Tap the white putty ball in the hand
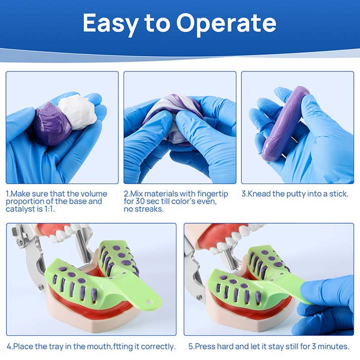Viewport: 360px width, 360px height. tap(77, 111)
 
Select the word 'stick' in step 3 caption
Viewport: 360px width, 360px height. tap(337, 194)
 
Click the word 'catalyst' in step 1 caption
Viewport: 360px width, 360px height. tap(19, 210)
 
